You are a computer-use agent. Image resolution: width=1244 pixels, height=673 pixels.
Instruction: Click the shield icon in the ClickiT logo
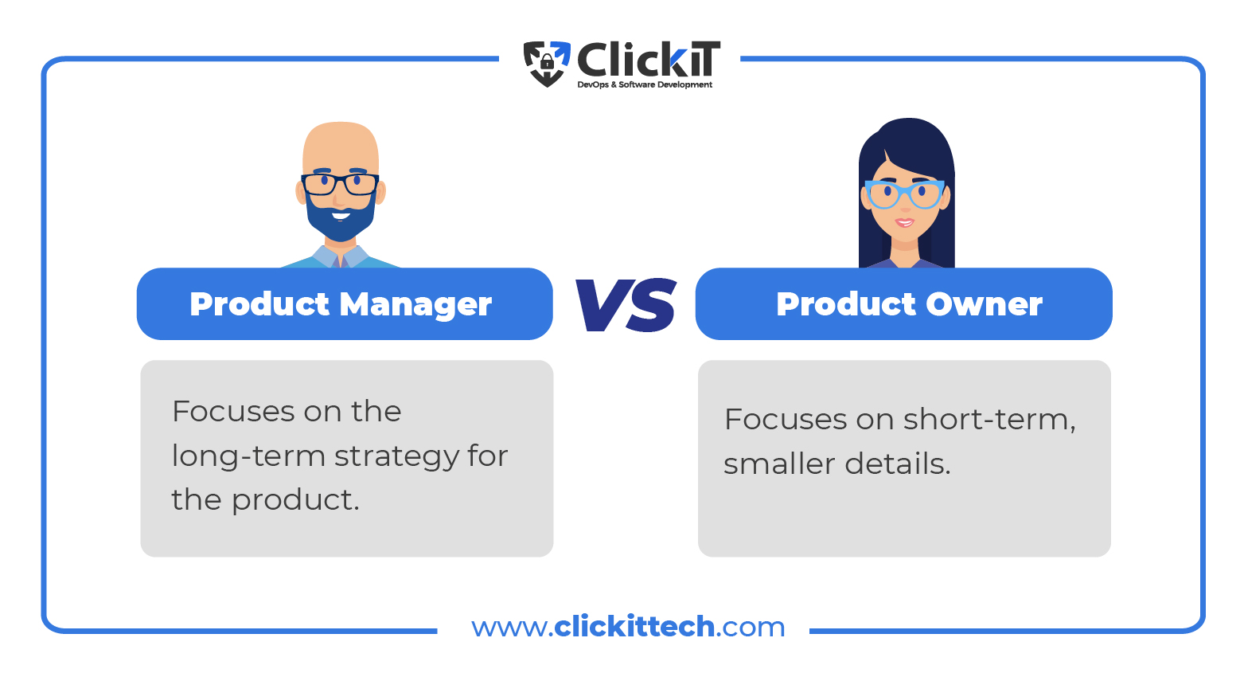pyautogui.click(x=547, y=64)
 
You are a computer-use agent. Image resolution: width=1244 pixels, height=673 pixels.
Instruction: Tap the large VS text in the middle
pyautogui.click(x=626, y=304)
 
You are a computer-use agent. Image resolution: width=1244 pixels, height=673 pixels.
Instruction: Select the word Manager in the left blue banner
pyautogui.click(x=415, y=305)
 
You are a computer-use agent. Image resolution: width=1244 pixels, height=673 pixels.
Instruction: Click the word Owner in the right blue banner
pyautogui.click(x=984, y=304)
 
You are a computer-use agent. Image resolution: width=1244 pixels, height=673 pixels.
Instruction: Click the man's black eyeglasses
pyautogui.click(x=340, y=185)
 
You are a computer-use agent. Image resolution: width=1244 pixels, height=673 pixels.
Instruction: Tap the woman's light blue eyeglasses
pyautogui.click(x=904, y=194)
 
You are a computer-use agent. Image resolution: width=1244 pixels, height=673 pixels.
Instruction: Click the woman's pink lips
pyautogui.click(x=904, y=223)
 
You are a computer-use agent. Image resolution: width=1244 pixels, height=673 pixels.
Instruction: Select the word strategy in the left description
pyautogui.click(x=396, y=457)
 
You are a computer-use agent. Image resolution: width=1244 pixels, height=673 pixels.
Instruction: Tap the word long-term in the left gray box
pyautogui.click(x=248, y=457)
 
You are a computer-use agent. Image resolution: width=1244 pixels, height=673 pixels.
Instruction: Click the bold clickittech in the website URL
pyautogui.click(x=634, y=626)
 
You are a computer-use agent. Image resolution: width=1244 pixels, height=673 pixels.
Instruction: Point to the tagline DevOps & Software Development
pyautogui.click(x=645, y=84)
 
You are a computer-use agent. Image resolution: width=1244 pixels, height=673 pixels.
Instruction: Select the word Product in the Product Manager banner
pyautogui.click(x=260, y=304)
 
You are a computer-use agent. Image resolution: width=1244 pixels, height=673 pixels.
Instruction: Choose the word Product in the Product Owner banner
pyautogui.click(x=846, y=304)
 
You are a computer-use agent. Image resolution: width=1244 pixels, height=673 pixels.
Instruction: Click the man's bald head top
pyautogui.click(x=341, y=136)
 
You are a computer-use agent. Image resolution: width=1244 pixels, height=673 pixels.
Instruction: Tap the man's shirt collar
pyautogui.click(x=340, y=256)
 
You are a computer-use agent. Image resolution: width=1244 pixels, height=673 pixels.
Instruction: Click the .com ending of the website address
pyautogui.click(x=751, y=628)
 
